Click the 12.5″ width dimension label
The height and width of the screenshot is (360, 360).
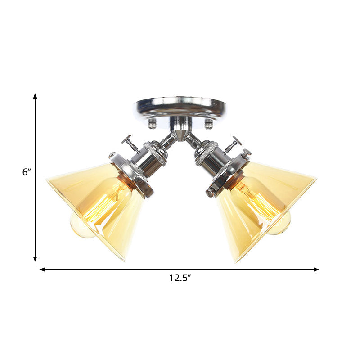[x=180, y=278]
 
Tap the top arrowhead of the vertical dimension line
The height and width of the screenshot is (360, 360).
[x=35, y=96]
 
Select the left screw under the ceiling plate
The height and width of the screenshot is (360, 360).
[x=152, y=121]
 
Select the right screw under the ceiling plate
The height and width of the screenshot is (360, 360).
[x=208, y=121]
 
